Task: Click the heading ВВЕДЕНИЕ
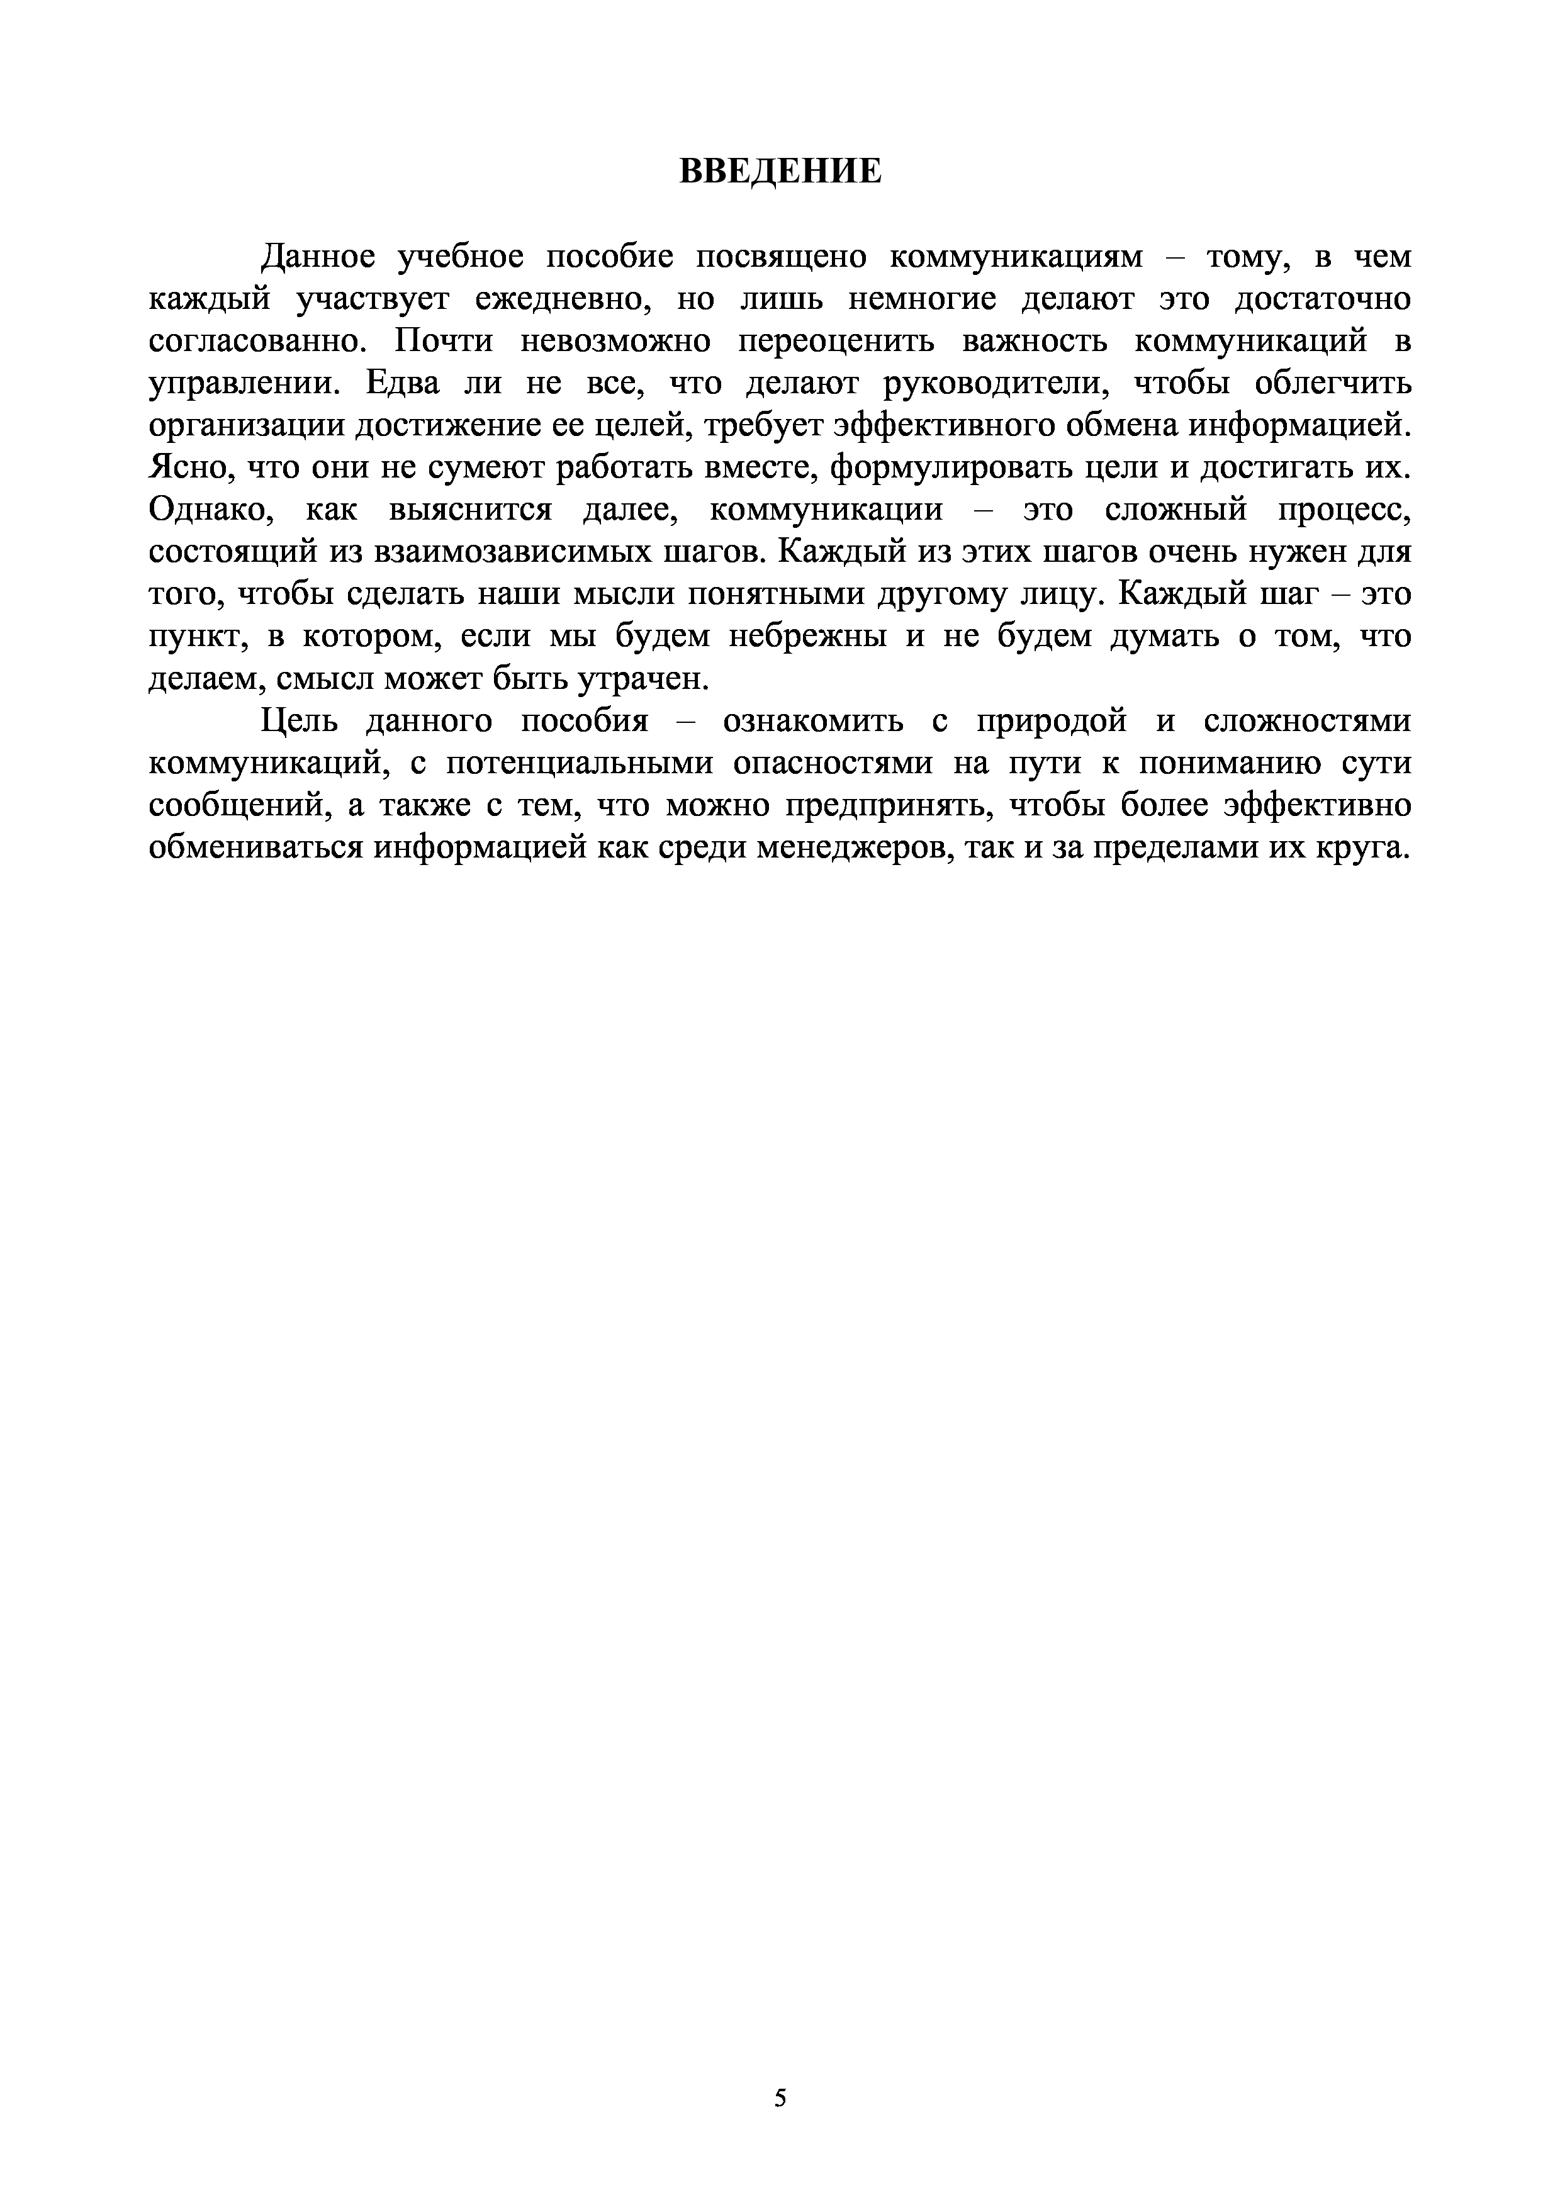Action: point(780,171)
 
